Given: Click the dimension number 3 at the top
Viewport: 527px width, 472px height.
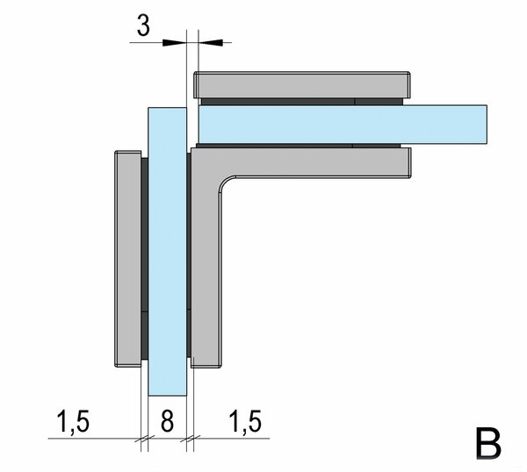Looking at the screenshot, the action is coord(143,25).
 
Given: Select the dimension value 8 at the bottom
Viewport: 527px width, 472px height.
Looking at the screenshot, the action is coord(168,420).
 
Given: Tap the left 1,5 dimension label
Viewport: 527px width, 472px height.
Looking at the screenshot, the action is coord(73,421).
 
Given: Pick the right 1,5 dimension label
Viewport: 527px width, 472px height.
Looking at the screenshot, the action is coord(245,421).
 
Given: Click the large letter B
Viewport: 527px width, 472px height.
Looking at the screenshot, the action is coord(488,443).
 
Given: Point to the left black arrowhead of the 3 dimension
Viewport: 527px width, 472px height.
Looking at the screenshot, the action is coord(174,43).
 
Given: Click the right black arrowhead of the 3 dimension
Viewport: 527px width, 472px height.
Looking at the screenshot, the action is coord(211,43).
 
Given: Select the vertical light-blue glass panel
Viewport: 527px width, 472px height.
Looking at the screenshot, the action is coord(168,252).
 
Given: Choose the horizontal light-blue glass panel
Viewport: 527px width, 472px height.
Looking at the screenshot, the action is coord(343,125).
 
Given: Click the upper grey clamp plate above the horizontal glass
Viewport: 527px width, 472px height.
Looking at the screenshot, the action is coord(302,85).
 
